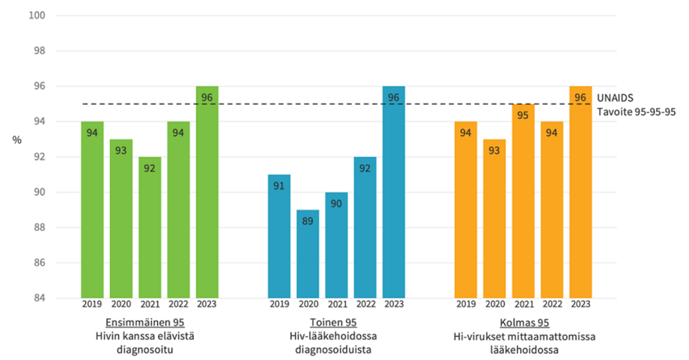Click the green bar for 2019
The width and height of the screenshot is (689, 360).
92,210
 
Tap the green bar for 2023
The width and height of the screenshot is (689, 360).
207,192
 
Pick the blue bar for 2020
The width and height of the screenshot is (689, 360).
308,254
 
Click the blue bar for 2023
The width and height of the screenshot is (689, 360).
394,192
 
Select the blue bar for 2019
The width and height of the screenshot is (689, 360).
279,236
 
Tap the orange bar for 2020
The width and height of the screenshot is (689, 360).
494,219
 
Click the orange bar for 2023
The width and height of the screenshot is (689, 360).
580,192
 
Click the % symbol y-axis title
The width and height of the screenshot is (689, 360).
16,140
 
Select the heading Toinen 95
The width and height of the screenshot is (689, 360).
336,322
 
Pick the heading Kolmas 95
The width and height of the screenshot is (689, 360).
523,322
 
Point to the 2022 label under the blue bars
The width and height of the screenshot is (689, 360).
365,305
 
